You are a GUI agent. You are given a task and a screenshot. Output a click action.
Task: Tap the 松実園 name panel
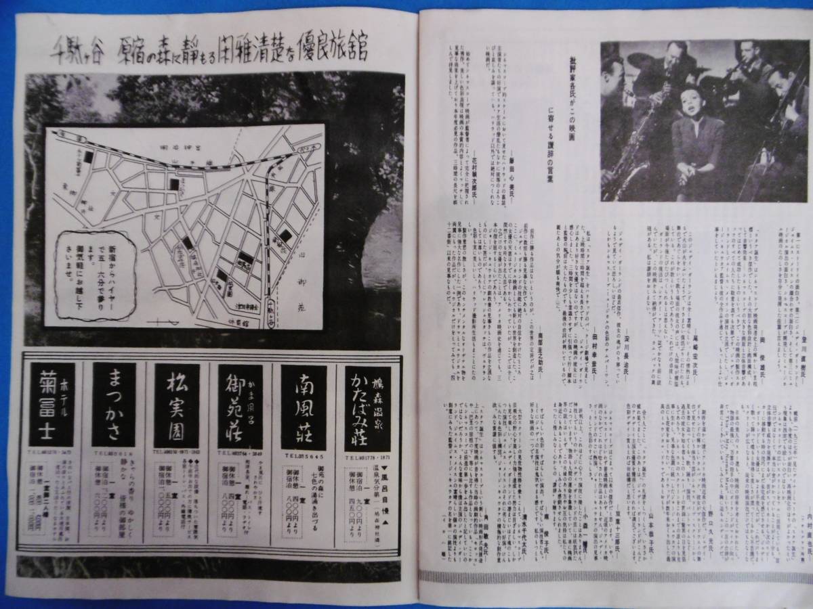tap(176, 405)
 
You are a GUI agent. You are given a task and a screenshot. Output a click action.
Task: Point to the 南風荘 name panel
tap(303, 405)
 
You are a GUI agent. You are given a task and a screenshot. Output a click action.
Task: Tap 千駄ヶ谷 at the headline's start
tap(68, 50)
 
